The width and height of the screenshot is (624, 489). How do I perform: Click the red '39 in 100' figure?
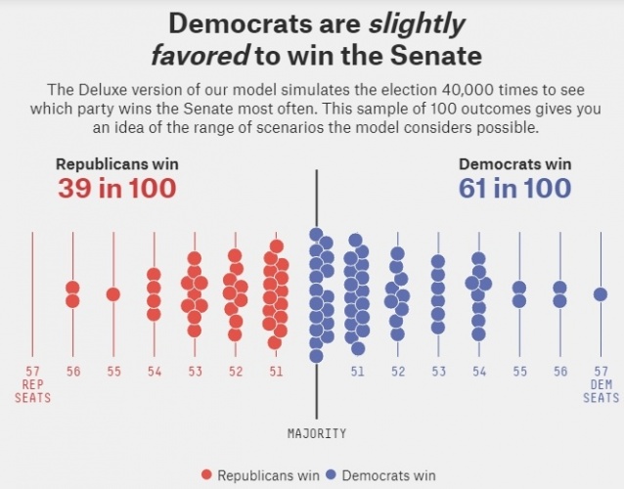[x=116, y=188]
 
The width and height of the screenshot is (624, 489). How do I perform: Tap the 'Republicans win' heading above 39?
[x=117, y=164]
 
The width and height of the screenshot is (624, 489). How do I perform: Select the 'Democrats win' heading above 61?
[x=515, y=164]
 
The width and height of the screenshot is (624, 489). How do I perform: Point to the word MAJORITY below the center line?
[x=317, y=432]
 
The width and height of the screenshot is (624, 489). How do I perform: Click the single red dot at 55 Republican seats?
[x=113, y=294]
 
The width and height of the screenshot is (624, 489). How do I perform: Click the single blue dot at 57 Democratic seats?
[x=601, y=294]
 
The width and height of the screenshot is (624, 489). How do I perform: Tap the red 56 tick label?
[x=73, y=372]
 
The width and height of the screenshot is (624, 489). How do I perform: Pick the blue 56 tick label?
[x=559, y=372]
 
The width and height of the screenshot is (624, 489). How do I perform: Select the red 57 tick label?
[x=32, y=372]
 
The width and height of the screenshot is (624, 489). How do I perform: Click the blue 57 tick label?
[x=601, y=372]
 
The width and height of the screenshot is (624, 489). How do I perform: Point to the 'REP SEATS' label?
[x=32, y=391]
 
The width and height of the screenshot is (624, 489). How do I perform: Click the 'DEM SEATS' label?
[x=601, y=391]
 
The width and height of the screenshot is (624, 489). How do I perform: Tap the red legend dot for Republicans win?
[x=206, y=475]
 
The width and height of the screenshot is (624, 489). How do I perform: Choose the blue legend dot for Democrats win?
[x=332, y=475]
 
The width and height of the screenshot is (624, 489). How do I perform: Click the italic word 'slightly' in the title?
[x=412, y=22]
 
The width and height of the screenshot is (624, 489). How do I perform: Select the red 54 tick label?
[x=155, y=372]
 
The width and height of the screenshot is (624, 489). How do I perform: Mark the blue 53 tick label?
[x=438, y=372]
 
